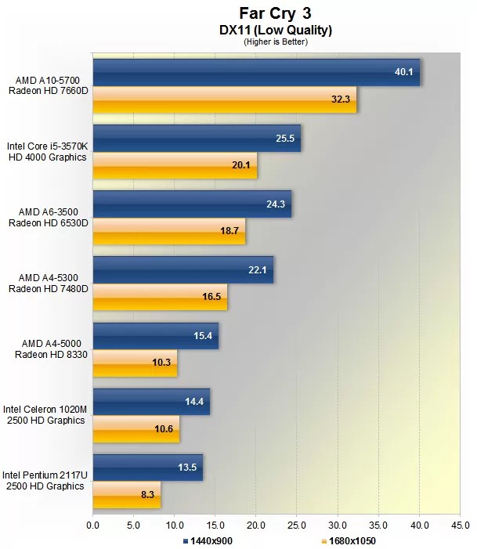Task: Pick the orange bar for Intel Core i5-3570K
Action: (175, 166)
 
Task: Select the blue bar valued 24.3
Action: (192, 204)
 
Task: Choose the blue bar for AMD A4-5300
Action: (183, 269)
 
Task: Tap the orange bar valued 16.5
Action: (160, 298)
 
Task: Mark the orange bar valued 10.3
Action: (135, 363)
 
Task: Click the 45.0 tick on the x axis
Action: (460, 525)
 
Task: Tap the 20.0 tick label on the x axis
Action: (256, 525)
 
